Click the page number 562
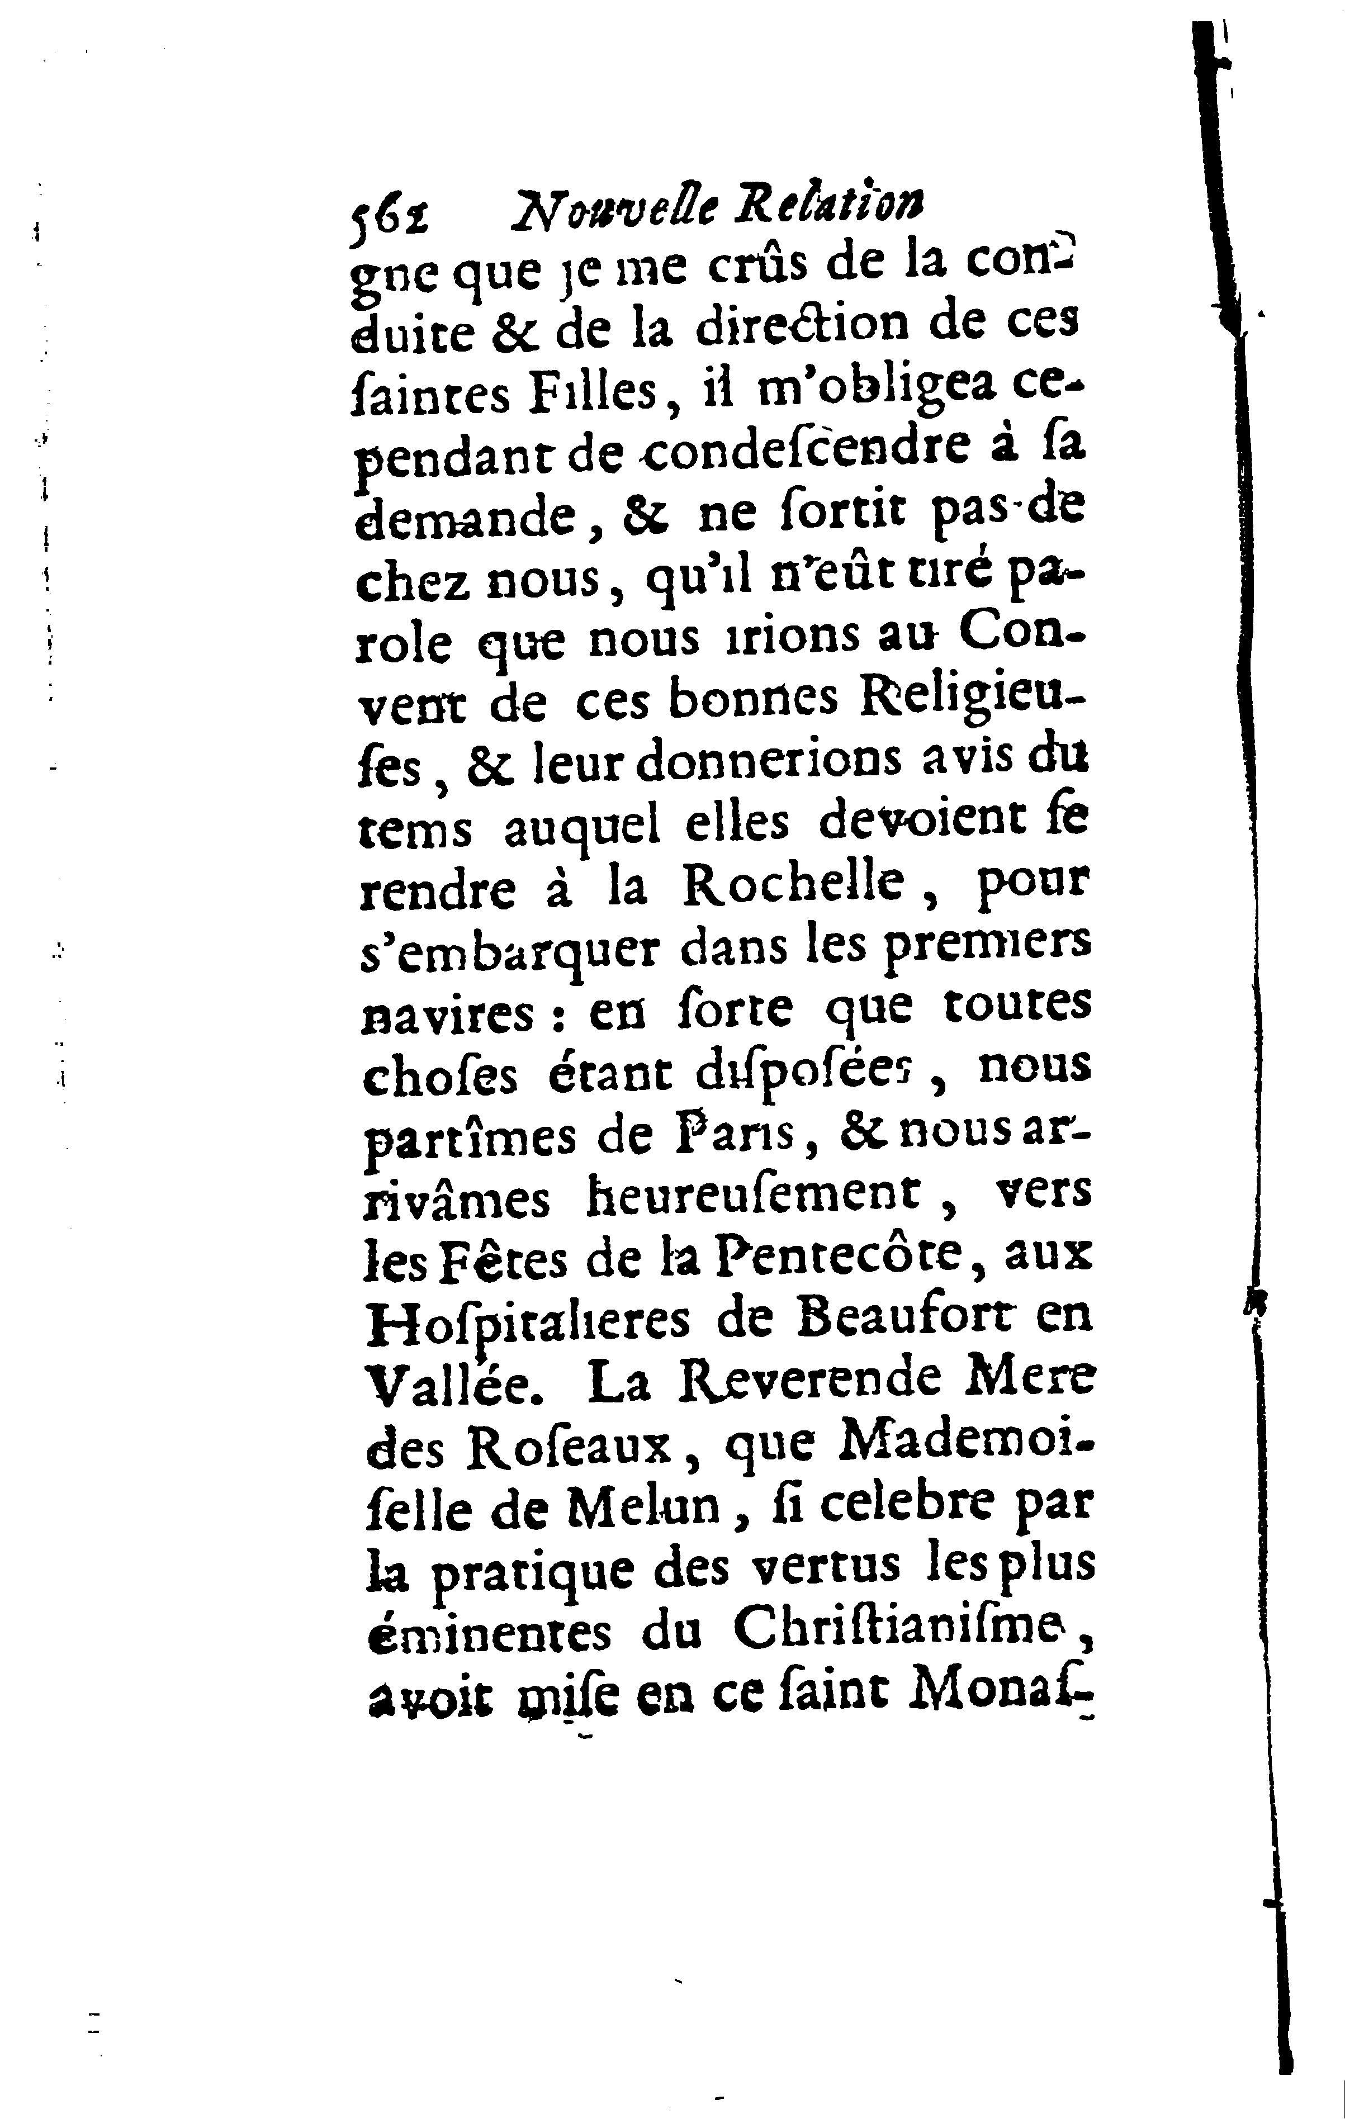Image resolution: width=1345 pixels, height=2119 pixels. [x=389, y=212]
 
